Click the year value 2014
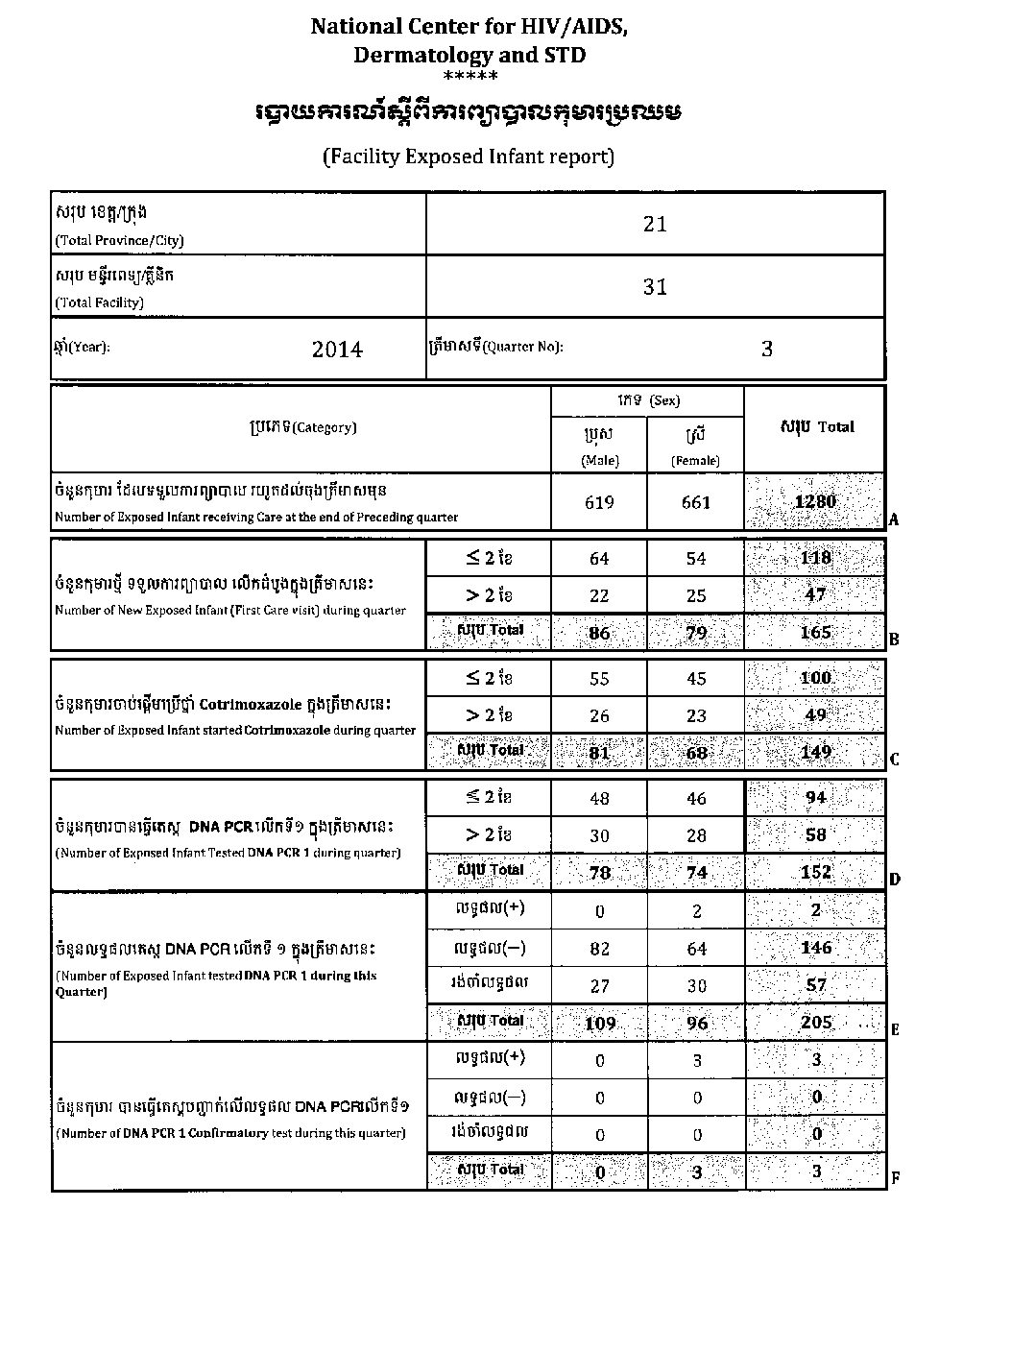click(x=337, y=350)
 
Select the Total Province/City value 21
click(x=655, y=224)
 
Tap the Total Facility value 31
click(x=655, y=286)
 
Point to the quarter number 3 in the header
click(x=766, y=349)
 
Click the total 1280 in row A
click(x=815, y=501)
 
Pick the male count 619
click(x=599, y=502)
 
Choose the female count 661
click(x=696, y=502)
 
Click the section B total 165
click(x=815, y=632)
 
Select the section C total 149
click(x=815, y=752)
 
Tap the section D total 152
click(x=815, y=872)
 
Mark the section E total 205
click(x=815, y=1023)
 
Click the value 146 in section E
click(x=815, y=948)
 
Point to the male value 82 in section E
click(x=599, y=949)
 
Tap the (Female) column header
click(x=696, y=461)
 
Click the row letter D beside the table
click(x=894, y=879)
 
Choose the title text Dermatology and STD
click(x=469, y=55)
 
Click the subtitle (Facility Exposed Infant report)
click(x=469, y=156)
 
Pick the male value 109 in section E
click(x=599, y=1024)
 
